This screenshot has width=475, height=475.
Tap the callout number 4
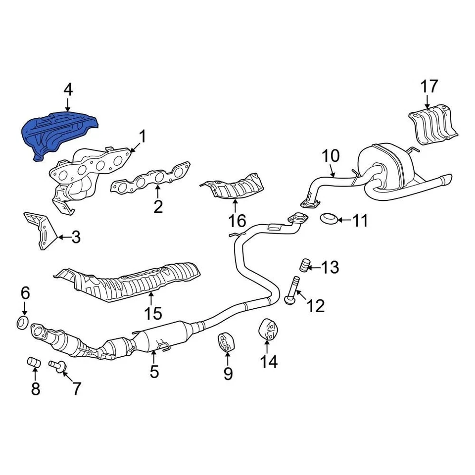pos(68,90)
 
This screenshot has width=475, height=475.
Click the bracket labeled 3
pos(41,231)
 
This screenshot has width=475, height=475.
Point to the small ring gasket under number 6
pos(22,323)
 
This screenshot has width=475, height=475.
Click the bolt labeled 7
pos(57,367)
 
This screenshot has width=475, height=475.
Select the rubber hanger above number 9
pos(225,342)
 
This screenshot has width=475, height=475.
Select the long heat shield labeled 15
pos(134,281)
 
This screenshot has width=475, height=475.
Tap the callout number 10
pos(331,156)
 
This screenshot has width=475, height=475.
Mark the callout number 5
pos(154,371)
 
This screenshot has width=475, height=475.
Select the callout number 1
pos(142,136)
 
